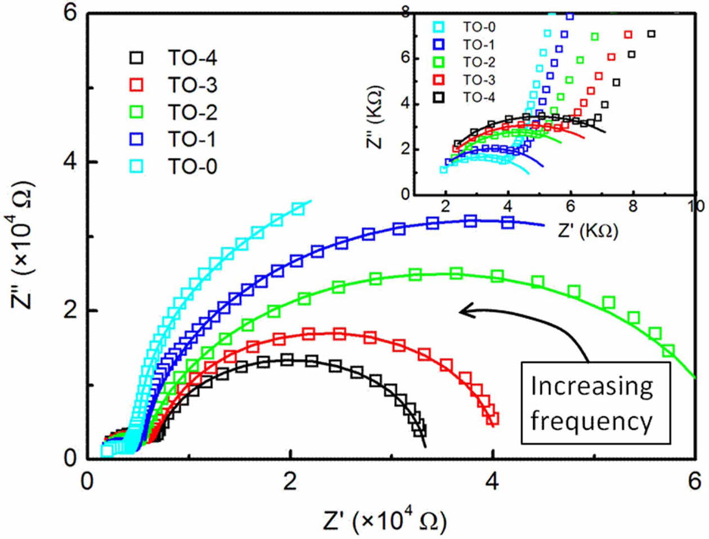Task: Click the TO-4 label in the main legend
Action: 192,59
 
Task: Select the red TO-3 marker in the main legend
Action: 136,86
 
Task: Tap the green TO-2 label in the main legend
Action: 192,113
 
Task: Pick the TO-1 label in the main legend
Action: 192,140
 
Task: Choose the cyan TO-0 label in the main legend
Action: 192,167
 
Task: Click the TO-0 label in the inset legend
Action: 479,27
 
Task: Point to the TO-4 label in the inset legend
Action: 479,97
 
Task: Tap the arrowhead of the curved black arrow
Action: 463,310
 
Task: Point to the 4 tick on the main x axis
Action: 492,482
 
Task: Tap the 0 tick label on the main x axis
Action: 87,482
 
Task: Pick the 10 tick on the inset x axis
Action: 697,206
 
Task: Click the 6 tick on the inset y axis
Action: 406,59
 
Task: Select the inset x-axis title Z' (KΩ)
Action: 588,230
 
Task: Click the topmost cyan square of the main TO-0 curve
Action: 298,209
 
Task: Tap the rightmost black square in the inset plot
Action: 652,34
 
